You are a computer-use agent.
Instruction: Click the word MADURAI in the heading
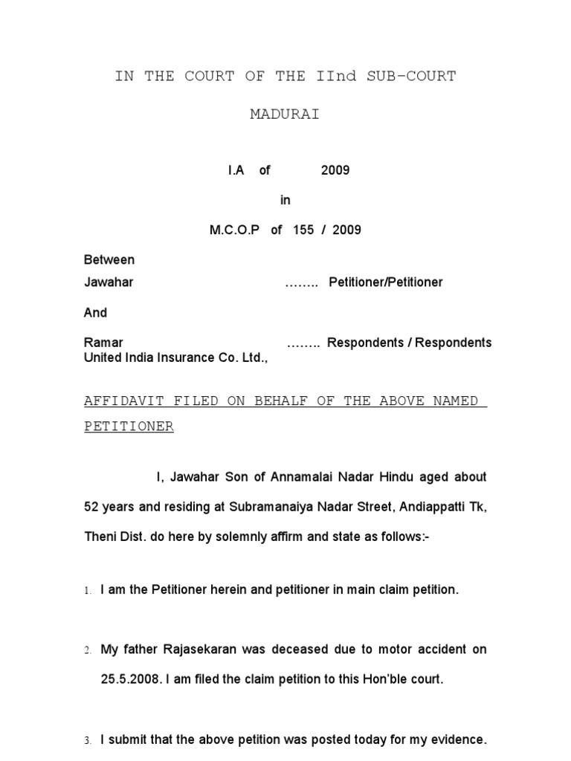(285, 114)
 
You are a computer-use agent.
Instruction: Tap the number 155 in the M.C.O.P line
(303, 230)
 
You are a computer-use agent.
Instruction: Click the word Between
(109, 260)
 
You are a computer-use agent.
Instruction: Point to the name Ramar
(103, 343)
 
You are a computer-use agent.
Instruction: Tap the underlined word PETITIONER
(129, 427)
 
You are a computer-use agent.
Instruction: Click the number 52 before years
(91, 507)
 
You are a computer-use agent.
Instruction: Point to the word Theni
(100, 537)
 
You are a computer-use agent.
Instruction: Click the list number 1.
(87, 591)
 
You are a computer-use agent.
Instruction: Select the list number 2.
(87, 650)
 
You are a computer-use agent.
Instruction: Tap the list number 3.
(87, 741)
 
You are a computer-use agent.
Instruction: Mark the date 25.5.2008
(119, 679)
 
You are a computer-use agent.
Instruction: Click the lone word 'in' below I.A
(285, 200)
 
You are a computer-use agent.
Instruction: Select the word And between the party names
(95, 313)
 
